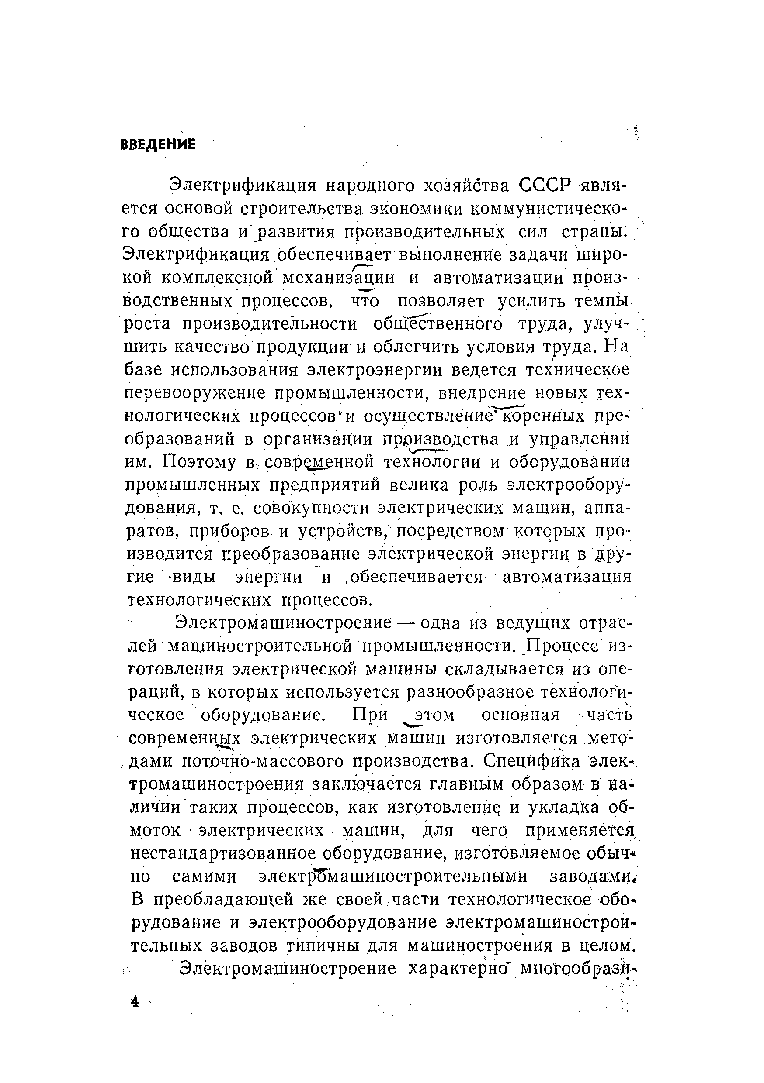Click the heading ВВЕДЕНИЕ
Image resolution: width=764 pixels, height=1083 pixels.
tap(158, 144)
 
